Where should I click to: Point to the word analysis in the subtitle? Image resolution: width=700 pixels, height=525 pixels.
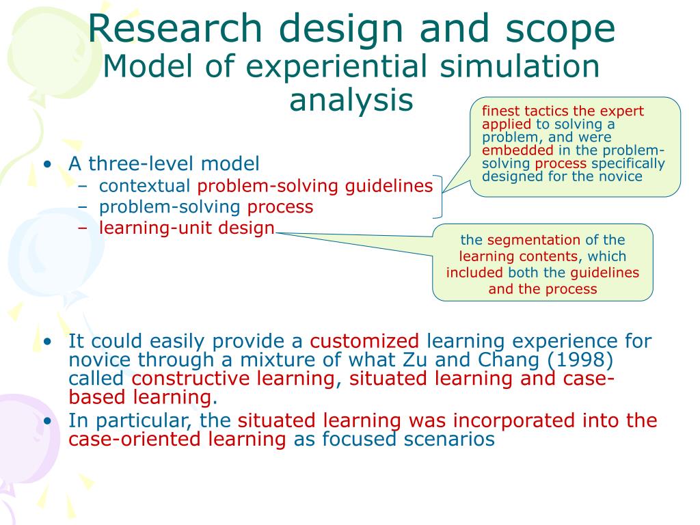point(351,100)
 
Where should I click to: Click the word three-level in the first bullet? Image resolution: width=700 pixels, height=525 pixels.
point(131,164)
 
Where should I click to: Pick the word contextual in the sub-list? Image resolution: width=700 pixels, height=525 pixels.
point(144,186)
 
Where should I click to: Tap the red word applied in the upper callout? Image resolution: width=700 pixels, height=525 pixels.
point(506,124)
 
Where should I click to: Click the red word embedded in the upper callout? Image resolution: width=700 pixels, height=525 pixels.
point(517,150)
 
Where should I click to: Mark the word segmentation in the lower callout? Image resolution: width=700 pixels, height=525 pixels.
point(533,240)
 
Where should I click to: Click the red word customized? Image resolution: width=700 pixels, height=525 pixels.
point(364,341)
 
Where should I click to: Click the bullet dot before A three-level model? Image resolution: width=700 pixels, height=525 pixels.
point(46,165)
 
